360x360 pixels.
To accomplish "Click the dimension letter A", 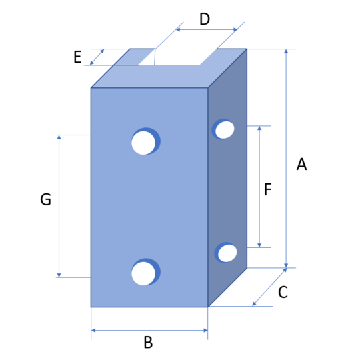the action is coord(301,164).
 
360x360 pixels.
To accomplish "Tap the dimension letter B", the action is coord(148,342).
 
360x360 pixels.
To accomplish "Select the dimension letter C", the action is coord(283,292).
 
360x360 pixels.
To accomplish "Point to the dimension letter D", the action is coord(205,19).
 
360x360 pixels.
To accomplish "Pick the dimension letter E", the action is coord(77,57).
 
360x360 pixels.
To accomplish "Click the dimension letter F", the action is coord(268,189).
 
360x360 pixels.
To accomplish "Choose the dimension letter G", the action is coord(45,199).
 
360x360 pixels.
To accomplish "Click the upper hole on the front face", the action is coord(145,141).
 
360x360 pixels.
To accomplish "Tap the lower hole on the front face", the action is coord(145,272).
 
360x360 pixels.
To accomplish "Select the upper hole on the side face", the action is coord(223,129).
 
